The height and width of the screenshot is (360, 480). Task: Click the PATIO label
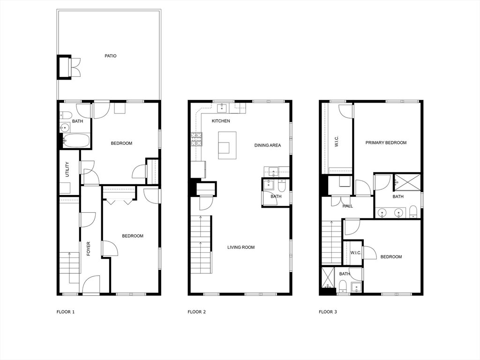pos(111,56)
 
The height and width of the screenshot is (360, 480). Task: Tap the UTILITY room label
pos(67,169)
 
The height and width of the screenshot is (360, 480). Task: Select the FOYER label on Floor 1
pos(89,249)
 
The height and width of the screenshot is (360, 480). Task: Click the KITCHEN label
pos(221,121)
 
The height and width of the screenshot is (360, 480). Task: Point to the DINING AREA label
pos(268,145)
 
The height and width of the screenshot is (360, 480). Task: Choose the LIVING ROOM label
pos(241,247)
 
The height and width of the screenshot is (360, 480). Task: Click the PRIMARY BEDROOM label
pos(386,142)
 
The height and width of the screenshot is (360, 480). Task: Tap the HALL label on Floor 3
pos(348,206)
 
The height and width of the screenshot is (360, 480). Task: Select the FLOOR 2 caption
pos(196,312)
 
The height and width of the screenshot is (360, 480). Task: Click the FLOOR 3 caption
pos(328,312)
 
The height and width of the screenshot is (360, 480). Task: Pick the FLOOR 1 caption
pos(66,312)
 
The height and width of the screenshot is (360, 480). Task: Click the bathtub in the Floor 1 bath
pos(76,141)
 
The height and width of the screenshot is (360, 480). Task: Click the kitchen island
pos(227,145)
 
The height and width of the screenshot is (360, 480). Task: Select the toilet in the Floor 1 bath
pos(66,115)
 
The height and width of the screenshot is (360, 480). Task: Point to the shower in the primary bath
pos(407,182)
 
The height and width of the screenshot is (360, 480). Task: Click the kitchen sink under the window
pos(222,108)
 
